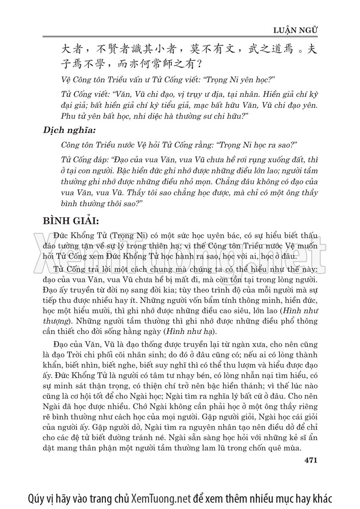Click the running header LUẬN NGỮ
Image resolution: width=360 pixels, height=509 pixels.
pos(296,30)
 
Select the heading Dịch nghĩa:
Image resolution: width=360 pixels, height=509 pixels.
pos(67,130)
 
